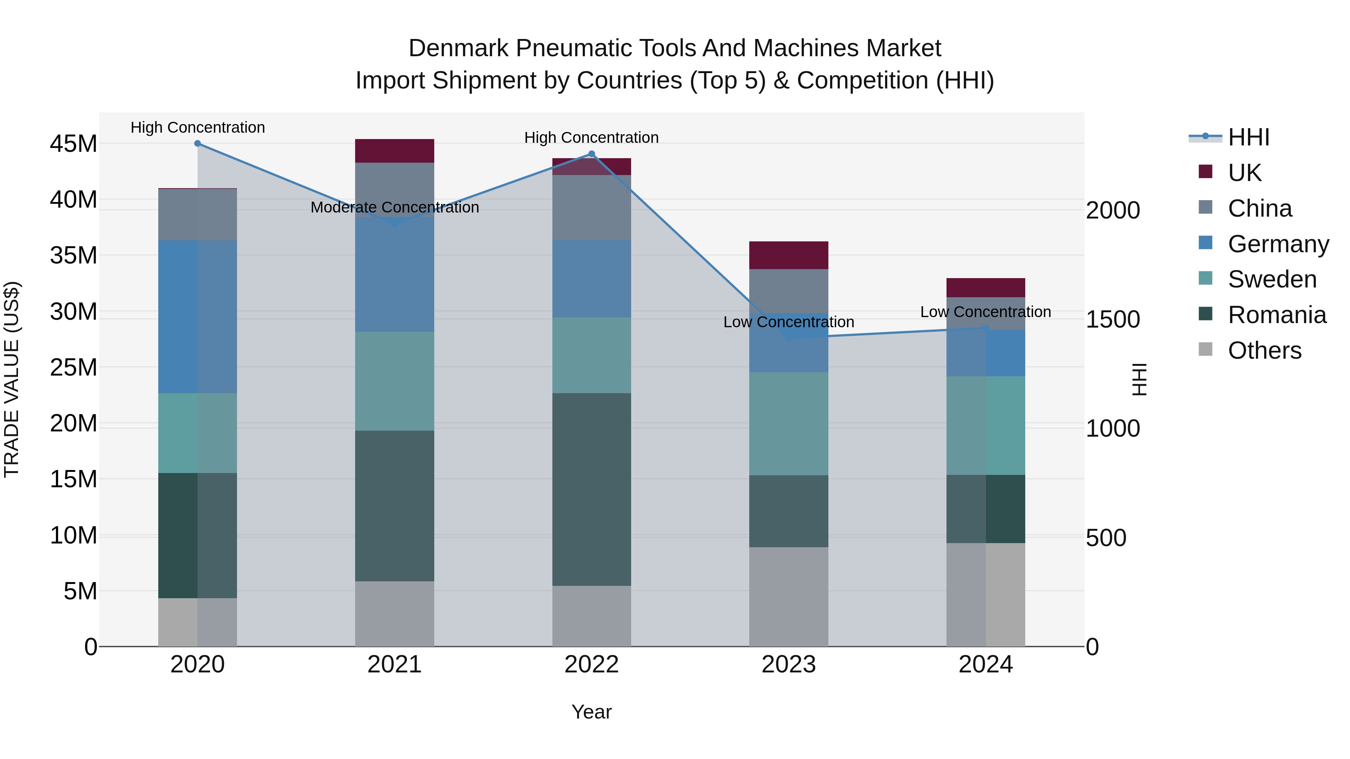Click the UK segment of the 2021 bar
tap(394, 151)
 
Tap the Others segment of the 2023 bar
tap(788, 597)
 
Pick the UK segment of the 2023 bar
tap(788, 255)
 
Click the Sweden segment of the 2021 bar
tap(394, 381)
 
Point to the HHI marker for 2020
tap(198, 144)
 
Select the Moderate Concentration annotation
tap(394, 207)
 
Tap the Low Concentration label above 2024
tap(985, 312)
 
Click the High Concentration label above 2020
tap(198, 127)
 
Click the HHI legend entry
tap(1248, 137)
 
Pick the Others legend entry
tap(1264, 350)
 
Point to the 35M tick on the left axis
tap(73, 256)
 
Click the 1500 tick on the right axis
tap(1112, 319)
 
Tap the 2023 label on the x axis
tap(788, 665)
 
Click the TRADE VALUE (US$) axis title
tap(12, 379)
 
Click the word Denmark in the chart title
tap(459, 48)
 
